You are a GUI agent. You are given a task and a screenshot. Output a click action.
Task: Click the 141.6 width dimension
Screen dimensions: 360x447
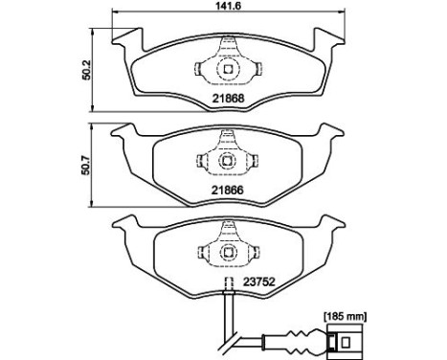227,8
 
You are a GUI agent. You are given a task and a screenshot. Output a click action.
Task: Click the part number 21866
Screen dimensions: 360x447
226,191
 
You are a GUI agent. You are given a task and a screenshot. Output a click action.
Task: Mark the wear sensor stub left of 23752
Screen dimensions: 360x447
229,284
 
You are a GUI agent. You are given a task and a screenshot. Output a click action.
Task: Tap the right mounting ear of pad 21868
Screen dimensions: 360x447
329,40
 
